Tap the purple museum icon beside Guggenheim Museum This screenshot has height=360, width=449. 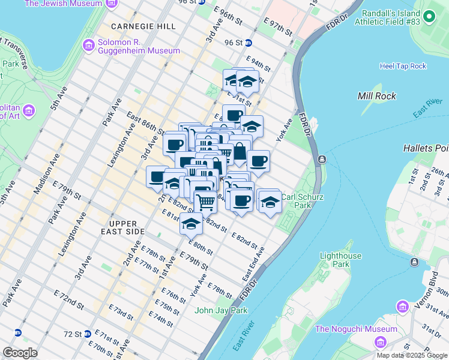[x=89, y=46]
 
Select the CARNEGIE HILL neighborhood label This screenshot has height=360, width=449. [x=143, y=27]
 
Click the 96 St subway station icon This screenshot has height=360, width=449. [x=248, y=43]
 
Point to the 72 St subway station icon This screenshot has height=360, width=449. [x=88, y=333]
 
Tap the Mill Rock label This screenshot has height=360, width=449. [x=375, y=96]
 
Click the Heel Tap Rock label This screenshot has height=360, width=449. [x=403, y=66]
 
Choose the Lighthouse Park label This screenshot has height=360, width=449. [x=341, y=260]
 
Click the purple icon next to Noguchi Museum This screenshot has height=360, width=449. [x=379, y=342]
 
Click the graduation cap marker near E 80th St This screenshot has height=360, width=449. [x=191, y=223]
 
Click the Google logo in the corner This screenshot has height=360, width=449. [x=20, y=353]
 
